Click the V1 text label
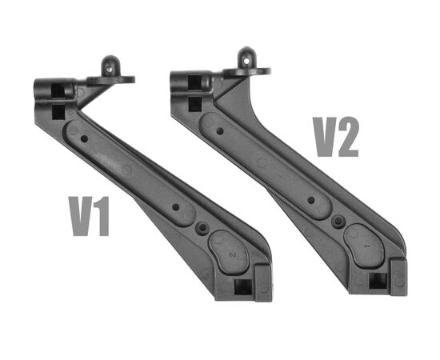coord(89,216)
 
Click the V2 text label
coord(336,137)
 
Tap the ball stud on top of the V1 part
coord(109,66)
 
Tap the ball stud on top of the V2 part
coord(246,58)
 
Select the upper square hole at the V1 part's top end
coord(58,90)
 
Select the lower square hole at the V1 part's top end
coord(58,112)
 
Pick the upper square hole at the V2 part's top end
coord(195,82)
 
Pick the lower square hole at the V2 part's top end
coord(195,104)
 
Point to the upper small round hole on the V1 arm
coord(84,139)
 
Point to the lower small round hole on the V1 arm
coord(176,207)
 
